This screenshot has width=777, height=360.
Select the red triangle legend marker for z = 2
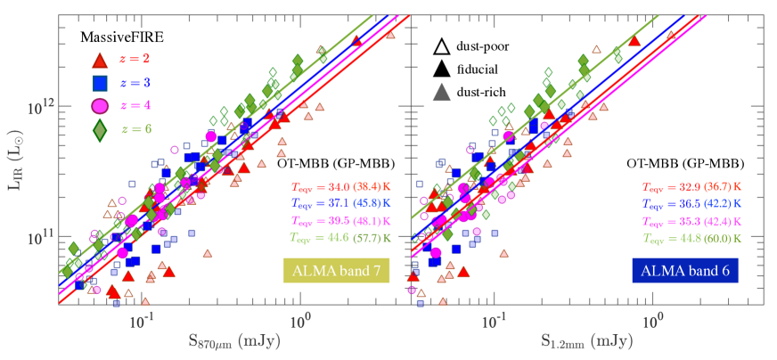[x=100, y=61]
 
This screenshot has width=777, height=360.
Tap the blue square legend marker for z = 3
[x=100, y=84]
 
